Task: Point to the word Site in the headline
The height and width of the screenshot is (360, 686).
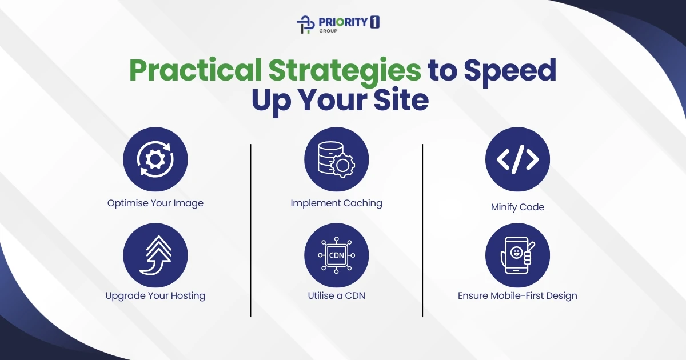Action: pos(400,101)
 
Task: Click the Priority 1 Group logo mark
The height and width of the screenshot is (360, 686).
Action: pos(305,25)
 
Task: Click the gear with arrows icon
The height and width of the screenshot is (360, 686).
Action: pos(155,159)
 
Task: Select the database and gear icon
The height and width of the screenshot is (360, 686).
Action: pos(336,159)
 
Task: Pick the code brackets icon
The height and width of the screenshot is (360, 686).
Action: pos(517,159)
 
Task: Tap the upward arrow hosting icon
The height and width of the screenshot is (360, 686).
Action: pos(155,255)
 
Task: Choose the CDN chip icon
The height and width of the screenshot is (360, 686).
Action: pos(336,255)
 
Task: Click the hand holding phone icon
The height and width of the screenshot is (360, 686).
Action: pos(517,255)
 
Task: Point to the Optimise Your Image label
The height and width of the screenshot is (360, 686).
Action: pos(155,203)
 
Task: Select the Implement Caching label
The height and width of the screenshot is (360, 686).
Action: pos(336,203)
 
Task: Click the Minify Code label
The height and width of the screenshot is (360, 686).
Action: pos(517,207)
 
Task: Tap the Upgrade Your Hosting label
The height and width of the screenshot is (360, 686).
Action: pos(155,295)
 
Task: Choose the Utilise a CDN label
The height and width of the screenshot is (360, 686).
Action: pos(336,295)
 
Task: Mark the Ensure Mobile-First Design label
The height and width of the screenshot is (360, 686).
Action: pos(517,295)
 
